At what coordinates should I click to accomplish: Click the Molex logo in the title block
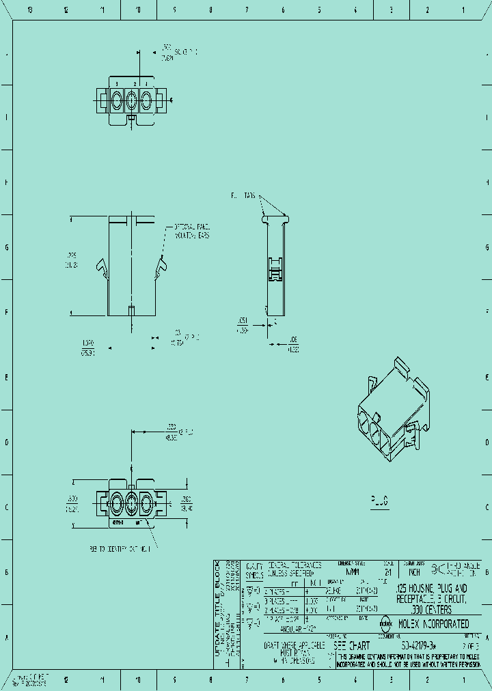pyautogui.click(x=385, y=623)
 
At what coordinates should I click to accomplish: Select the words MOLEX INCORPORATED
pyautogui.click(x=433, y=624)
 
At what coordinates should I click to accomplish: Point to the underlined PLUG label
pyautogui.click(x=380, y=501)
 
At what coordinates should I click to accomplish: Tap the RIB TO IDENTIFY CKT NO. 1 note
pyautogui.click(x=123, y=548)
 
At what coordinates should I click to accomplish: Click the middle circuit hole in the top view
pyautogui.click(x=131, y=102)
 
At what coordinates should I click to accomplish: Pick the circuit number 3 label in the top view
pyautogui.click(x=116, y=84)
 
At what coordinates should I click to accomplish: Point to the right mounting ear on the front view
pyautogui.click(x=161, y=268)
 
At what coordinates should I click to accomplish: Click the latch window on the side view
pyautogui.click(x=274, y=268)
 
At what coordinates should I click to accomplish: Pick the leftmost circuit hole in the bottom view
pyautogui.click(x=115, y=505)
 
